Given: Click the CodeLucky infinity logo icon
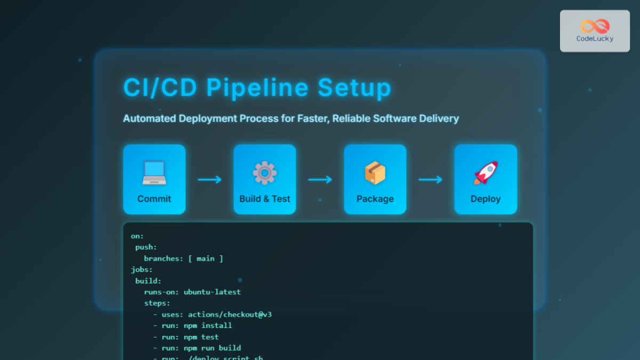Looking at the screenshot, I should tap(595, 26).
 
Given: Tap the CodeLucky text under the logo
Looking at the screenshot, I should tap(595, 38).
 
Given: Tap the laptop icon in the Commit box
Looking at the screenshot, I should tap(154, 173).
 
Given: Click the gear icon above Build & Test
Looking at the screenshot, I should tap(265, 173).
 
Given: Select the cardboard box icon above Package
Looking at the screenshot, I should tap(375, 173).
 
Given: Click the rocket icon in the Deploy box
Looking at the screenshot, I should tap(485, 173).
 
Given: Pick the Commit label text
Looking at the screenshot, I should tap(154, 199).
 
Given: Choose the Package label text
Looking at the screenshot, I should tap(375, 199).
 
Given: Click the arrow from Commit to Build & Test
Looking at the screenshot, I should tap(210, 180).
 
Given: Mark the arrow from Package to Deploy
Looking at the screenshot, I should tap(430, 180).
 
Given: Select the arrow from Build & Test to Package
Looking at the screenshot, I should tap(320, 180).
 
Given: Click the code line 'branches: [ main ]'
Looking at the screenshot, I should tap(183, 259).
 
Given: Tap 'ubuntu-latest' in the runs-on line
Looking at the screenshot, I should tap(212, 292).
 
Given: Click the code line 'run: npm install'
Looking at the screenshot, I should tap(197, 326).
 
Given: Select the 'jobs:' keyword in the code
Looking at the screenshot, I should tap(142, 270).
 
